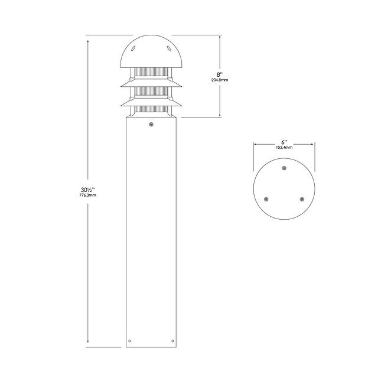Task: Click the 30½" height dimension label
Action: point(87,190)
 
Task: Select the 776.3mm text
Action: point(88,195)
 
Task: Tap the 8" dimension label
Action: point(219,74)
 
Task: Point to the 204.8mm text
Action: point(220,80)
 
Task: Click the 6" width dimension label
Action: point(284,142)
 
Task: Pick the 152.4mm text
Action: point(284,147)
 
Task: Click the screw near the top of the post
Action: point(151,125)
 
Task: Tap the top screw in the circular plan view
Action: point(284,168)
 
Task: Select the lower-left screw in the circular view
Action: point(266,199)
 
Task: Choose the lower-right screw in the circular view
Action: point(302,199)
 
